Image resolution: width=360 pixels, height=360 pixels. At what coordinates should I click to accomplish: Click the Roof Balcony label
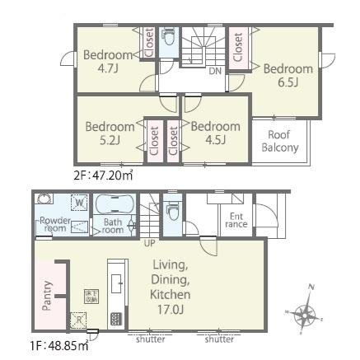coord(280,141)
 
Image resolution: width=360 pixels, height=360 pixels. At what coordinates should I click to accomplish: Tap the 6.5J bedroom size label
coord(288,82)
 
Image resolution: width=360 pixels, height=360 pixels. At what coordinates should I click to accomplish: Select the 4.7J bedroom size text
coord(108,68)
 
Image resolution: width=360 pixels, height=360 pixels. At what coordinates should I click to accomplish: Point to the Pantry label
coord(47,296)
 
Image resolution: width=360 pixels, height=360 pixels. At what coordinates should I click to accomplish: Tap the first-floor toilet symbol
coord(172,211)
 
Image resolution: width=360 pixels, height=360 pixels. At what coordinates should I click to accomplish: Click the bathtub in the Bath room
coord(115,204)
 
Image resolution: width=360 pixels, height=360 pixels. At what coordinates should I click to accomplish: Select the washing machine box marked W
coord(79,203)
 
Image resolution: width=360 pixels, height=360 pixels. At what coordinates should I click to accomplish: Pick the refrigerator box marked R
coord(78,320)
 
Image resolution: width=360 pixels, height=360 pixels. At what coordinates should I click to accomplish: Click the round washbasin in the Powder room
coord(44,199)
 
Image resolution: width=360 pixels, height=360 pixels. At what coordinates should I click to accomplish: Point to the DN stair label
coord(215,71)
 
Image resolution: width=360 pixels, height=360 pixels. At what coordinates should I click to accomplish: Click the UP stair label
coord(150,243)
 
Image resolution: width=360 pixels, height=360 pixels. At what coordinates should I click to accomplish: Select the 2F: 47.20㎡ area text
coord(103,175)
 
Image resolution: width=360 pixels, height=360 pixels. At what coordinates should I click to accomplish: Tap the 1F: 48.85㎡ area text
coord(59,345)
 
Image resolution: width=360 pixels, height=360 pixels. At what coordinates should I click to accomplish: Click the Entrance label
coord(236,220)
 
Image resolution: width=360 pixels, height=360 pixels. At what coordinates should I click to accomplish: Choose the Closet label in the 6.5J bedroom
coord(238,47)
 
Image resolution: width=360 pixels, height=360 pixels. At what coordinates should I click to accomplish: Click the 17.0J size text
coord(171,310)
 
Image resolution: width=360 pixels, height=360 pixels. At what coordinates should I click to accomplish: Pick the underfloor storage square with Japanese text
coord(91,297)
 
